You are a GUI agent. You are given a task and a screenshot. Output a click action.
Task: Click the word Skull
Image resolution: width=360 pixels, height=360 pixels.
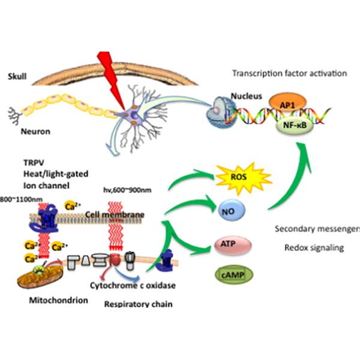click(x=19, y=77)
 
